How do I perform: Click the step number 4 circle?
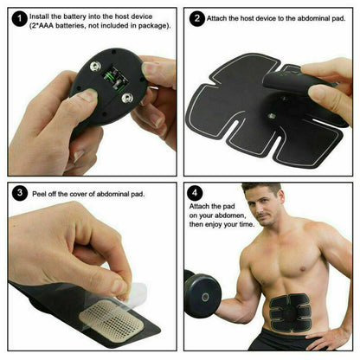pyautogui.click(x=196, y=195)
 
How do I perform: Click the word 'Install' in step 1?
pyautogui.click(x=40, y=16)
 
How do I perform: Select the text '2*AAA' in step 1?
pyautogui.click(x=45, y=26)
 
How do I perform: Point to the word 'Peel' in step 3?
pyautogui.click(x=38, y=191)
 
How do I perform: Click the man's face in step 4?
pyautogui.click(x=260, y=206)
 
